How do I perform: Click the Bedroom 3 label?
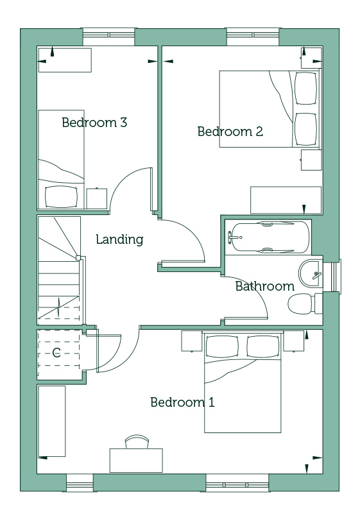(94, 123)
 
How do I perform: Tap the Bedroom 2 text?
(230, 132)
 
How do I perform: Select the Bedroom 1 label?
(182, 402)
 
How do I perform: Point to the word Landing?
(119, 239)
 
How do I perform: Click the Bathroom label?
(265, 286)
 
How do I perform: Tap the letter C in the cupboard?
(56, 352)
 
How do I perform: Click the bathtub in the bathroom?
(269, 237)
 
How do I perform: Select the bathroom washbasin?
(311, 274)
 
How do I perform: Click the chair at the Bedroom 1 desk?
(137, 441)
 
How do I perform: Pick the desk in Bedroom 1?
(136, 460)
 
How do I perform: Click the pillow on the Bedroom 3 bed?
(61, 196)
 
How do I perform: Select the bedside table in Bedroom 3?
(97, 198)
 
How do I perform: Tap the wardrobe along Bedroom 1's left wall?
(52, 421)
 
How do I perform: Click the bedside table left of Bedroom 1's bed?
(192, 341)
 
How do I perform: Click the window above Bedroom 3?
(108, 37)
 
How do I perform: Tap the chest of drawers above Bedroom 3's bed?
(65, 60)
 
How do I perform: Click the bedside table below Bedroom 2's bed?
(311, 160)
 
